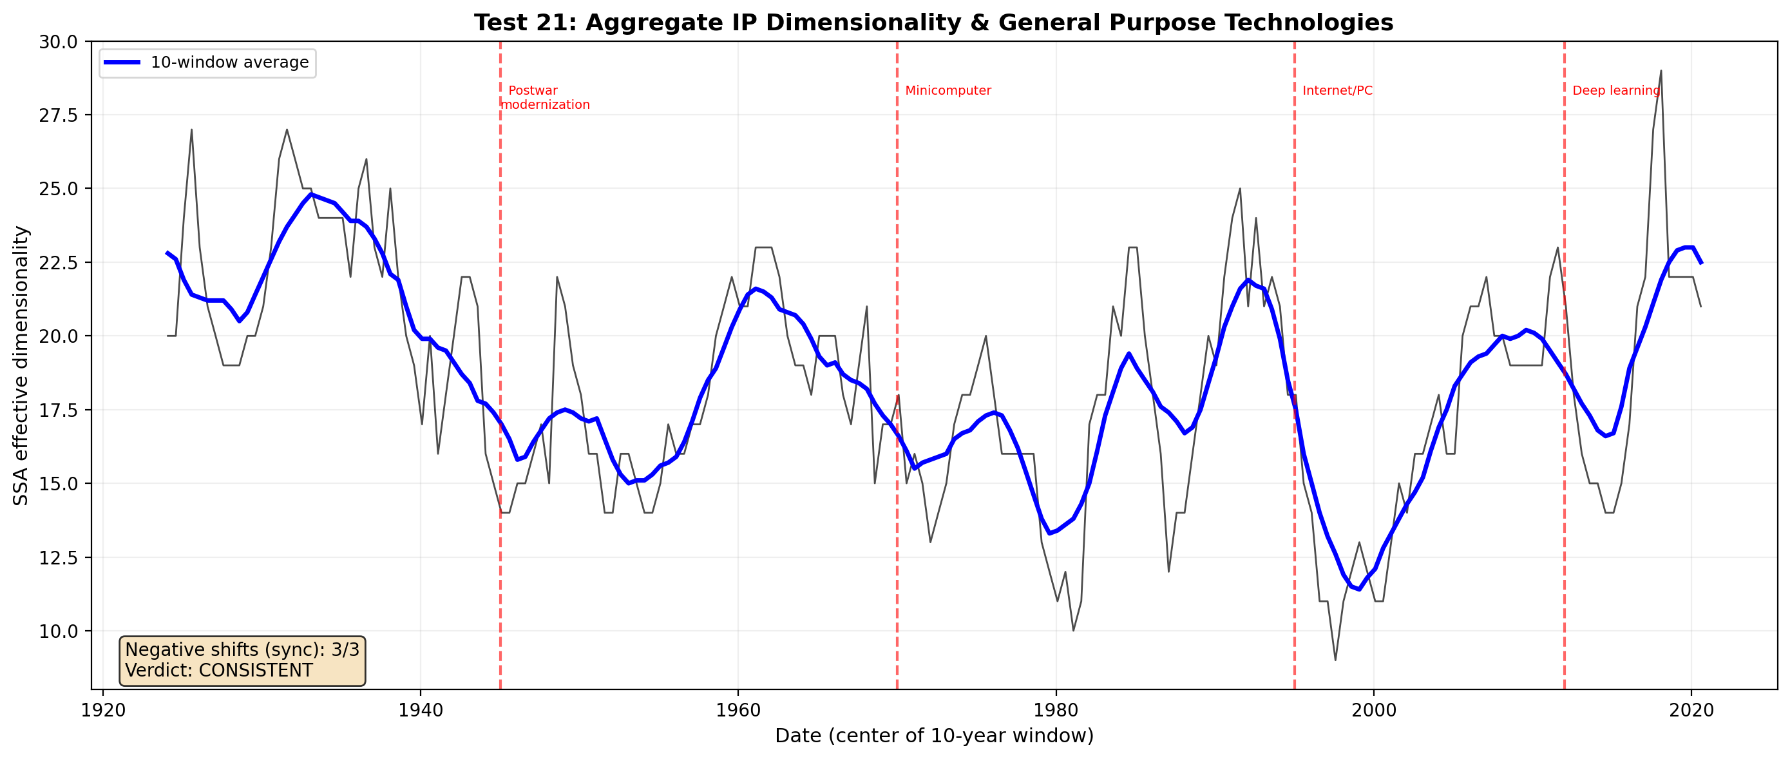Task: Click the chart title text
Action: pos(933,23)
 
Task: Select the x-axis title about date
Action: pos(934,736)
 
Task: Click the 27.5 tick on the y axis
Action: pos(59,115)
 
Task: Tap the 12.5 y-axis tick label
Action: pos(59,557)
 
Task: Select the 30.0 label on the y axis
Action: pos(59,42)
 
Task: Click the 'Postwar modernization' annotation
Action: pos(546,98)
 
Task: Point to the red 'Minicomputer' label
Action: pos(947,90)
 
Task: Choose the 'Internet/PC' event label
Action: pos(1337,90)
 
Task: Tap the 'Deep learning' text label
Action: pos(1615,90)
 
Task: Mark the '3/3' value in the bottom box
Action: pos(345,650)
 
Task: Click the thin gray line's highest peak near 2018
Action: pos(1661,70)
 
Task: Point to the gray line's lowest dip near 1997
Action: pos(1335,660)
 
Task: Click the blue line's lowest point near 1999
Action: pos(1359,590)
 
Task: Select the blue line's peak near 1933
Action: pos(311,195)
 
